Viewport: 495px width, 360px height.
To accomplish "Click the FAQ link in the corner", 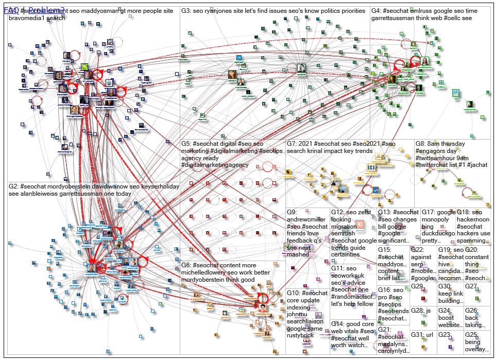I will click(x=11, y=10).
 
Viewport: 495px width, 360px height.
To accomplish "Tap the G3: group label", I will click(x=186, y=11).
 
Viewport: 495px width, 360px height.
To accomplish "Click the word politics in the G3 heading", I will click(x=323, y=11).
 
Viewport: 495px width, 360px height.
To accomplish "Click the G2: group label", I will click(x=13, y=186).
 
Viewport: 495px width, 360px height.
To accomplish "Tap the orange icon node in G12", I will click(x=359, y=225).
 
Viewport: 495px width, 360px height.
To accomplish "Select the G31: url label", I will click(x=422, y=335).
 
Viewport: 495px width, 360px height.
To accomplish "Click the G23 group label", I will click(x=444, y=335).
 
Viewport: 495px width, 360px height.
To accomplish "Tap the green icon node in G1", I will click(x=84, y=67).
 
